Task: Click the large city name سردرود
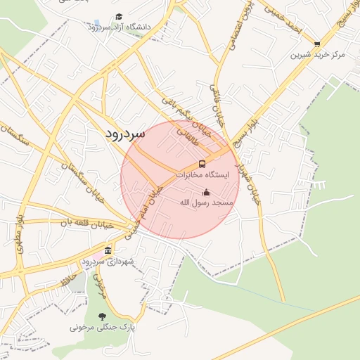[x=125, y=133]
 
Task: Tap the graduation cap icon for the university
[x=119, y=16]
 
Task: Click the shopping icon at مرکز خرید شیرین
[x=317, y=44]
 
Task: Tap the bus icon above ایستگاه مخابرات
[x=202, y=164]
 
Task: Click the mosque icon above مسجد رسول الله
[x=206, y=193]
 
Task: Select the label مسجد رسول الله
[x=205, y=202]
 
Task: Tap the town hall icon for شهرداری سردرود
[x=107, y=251]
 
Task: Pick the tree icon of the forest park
[x=103, y=316]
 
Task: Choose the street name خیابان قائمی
[x=217, y=105]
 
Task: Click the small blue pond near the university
[x=96, y=22]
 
